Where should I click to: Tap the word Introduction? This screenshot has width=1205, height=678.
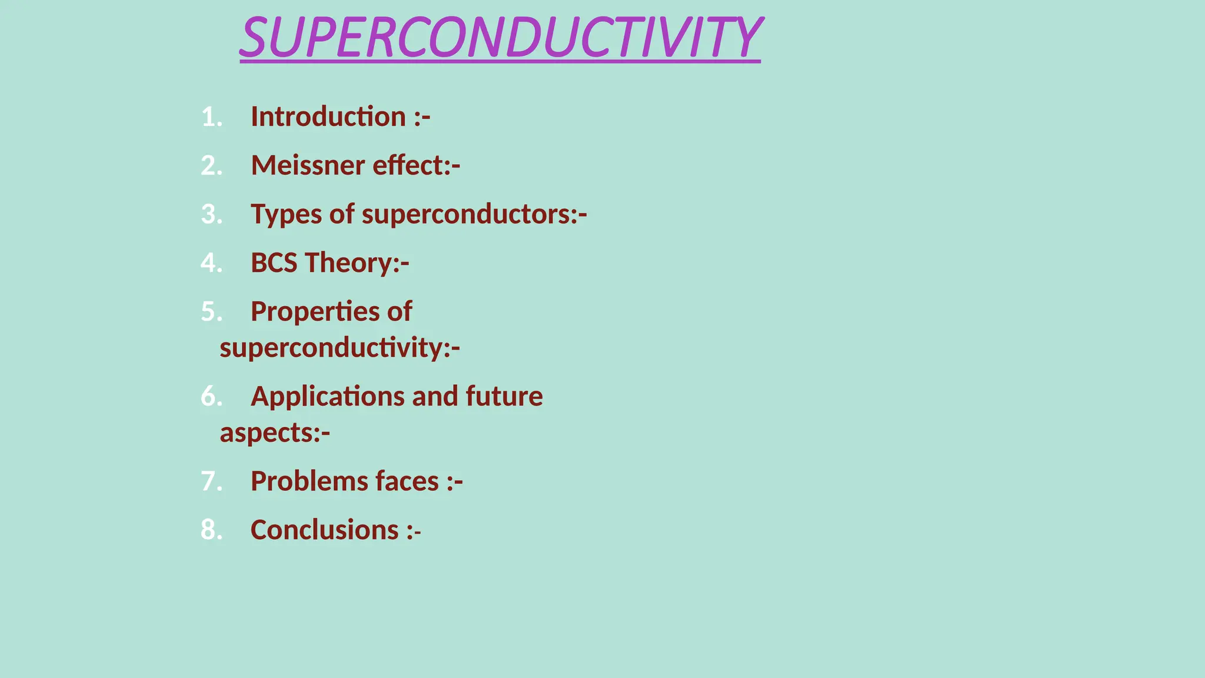[328, 117]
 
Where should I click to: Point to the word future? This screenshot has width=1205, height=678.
[504, 396]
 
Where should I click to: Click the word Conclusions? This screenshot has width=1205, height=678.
[325, 530]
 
